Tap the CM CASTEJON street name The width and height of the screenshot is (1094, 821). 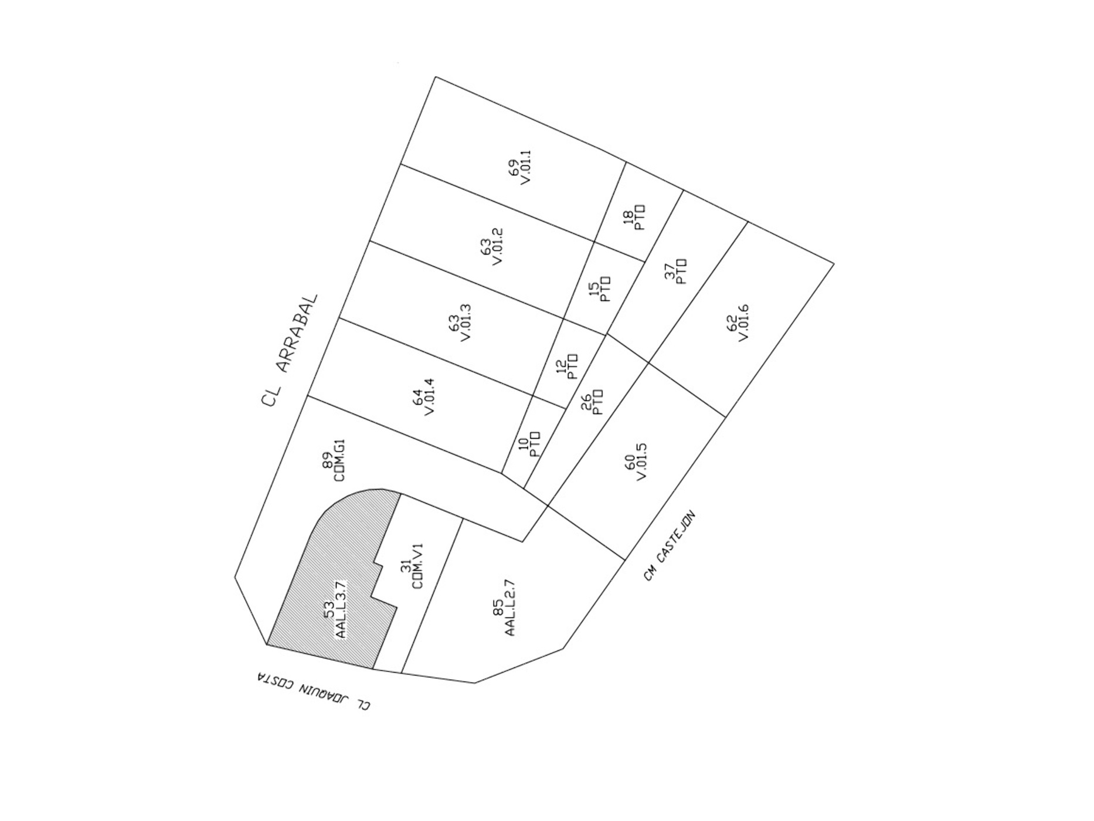[x=669, y=545]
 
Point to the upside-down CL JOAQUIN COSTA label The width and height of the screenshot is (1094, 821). [x=314, y=691]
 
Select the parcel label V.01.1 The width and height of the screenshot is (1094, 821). [x=525, y=167]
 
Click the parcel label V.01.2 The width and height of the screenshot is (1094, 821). [x=498, y=246]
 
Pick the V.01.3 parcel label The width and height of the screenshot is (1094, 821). [x=466, y=323]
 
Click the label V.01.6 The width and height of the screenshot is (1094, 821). [x=743, y=323]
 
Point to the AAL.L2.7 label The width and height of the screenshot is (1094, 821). [x=509, y=608]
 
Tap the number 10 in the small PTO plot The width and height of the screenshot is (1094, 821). [x=524, y=444]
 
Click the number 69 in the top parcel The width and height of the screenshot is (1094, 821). [x=513, y=167]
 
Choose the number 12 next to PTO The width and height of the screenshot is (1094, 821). [x=561, y=368]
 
